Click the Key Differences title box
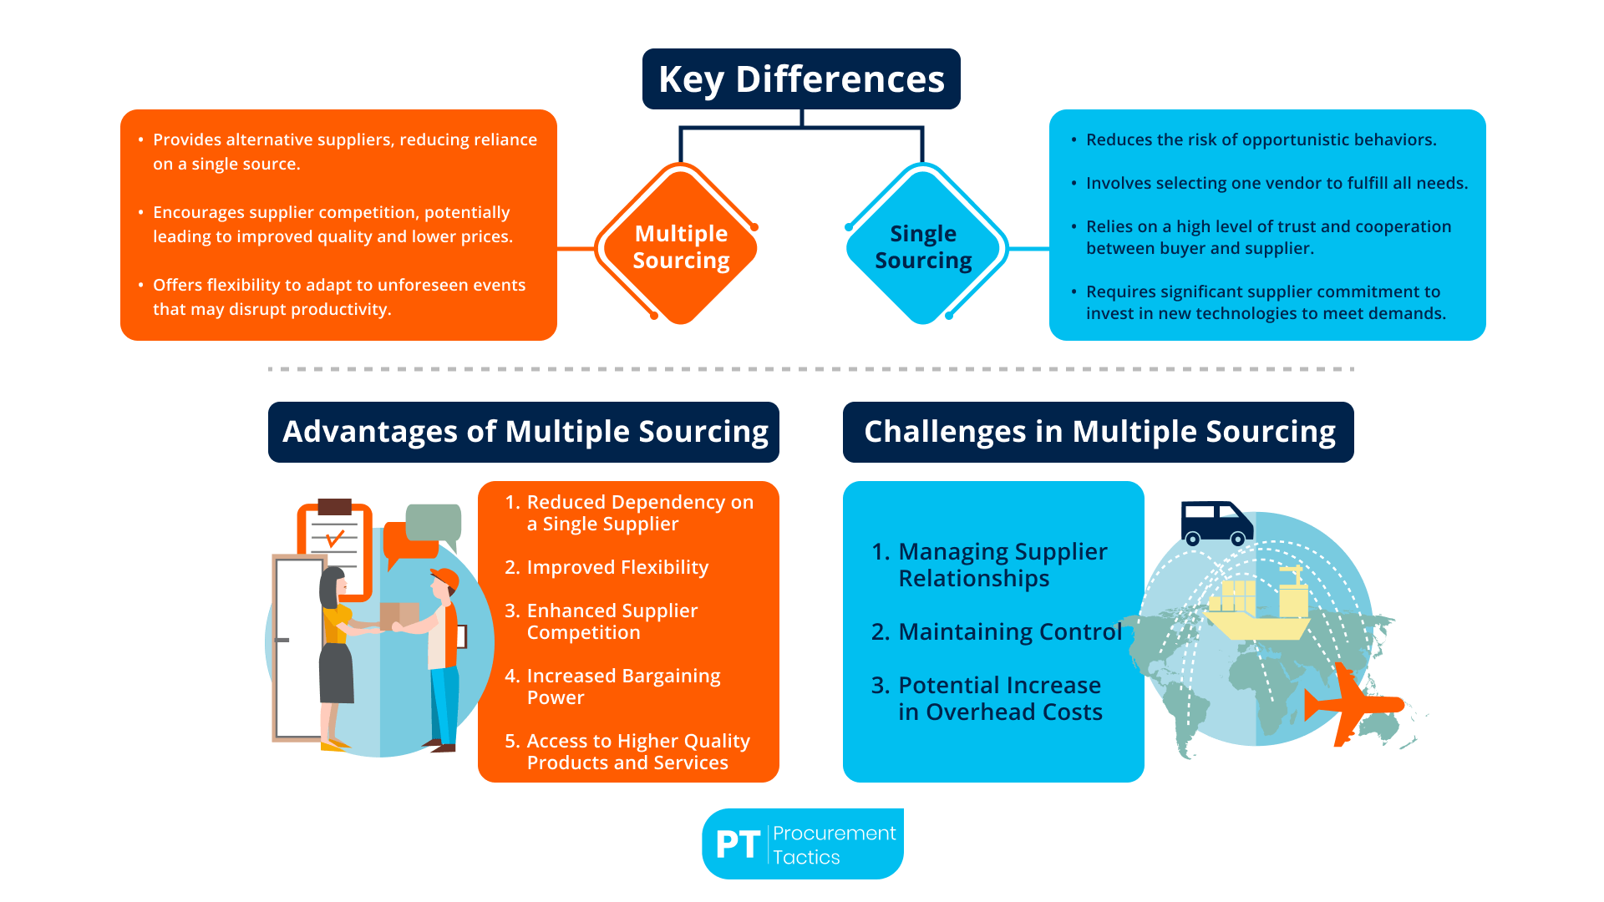tap(801, 79)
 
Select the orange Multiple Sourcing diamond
tap(681, 246)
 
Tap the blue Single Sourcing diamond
tap(923, 246)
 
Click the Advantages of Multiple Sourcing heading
tap(524, 432)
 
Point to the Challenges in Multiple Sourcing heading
tap(1099, 432)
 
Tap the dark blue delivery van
tap(1216, 522)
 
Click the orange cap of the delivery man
tap(445, 577)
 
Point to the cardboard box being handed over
tap(398, 615)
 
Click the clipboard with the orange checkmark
tap(335, 543)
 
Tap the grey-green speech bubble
tap(433, 522)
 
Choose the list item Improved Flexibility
tap(617, 567)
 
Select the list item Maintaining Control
tap(1009, 631)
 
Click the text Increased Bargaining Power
tap(622, 687)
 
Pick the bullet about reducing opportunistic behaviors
tap(1261, 139)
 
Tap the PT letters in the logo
tap(738, 844)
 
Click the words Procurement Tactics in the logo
tap(833, 844)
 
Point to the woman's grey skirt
tap(336, 672)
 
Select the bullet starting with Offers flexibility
tap(338, 296)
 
